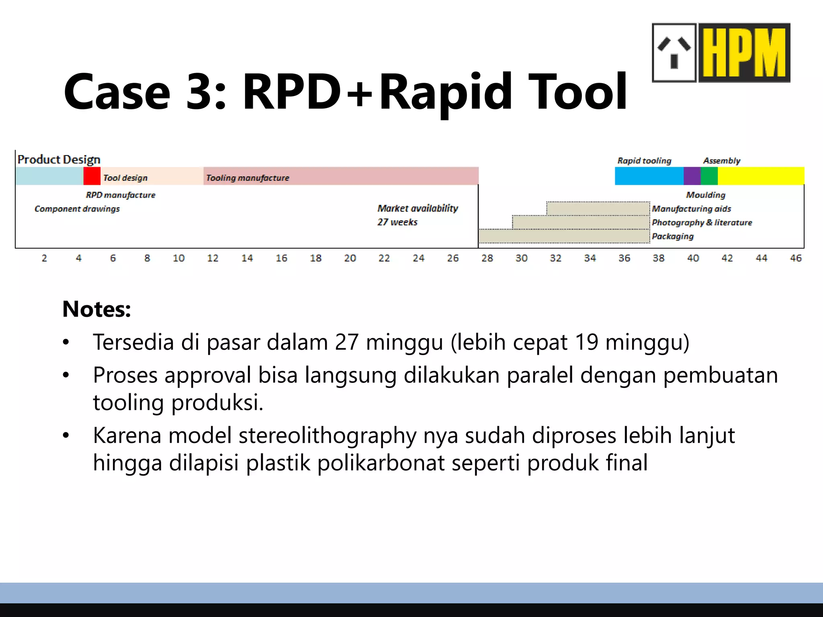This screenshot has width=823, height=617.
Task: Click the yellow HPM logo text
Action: coord(744,53)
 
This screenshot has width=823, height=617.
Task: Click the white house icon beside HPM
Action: coord(674,53)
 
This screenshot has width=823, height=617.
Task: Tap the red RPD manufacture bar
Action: coord(92,176)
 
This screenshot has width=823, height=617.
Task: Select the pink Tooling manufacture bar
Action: coord(341,176)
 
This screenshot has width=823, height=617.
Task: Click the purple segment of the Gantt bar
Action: coord(692,176)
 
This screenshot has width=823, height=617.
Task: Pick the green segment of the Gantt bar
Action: coord(709,176)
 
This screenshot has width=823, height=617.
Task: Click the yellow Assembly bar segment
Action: coord(761,176)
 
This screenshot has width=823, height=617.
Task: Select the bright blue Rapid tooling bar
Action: coord(649,176)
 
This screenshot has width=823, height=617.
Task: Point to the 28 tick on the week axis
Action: coord(487,258)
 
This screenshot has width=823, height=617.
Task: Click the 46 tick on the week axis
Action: coord(796,258)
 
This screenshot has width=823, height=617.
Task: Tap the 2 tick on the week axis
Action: coord(44,258)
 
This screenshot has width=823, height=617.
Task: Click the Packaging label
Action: coord(672,236)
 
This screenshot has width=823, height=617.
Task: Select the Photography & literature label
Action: coord(702,223)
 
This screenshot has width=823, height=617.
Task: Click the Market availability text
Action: coord(418,208)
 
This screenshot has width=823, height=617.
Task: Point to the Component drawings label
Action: coord(77,209)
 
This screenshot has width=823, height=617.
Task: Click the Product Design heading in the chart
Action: coord(59,159)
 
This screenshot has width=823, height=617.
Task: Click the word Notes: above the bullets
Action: coord(96,309)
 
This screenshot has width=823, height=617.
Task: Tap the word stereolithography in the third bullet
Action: coord(328,435)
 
